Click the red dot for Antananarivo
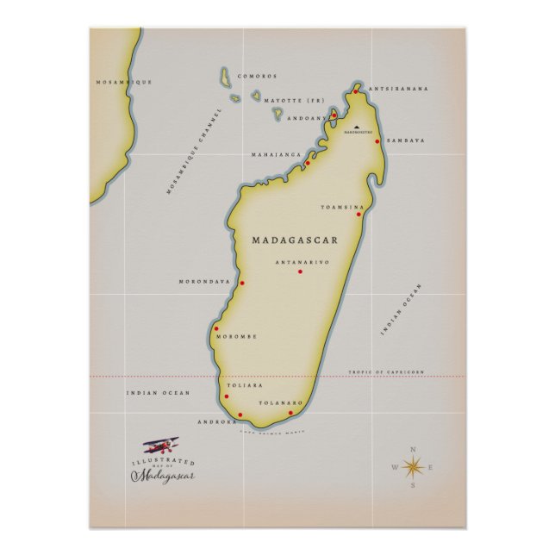pos(300,272)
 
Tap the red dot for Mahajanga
pos(308,162)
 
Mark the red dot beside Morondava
pos(242,283)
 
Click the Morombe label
pos(241,336)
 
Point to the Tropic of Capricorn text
pos(386,371)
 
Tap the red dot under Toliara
pos(226,396)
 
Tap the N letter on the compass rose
pos(412,450)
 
